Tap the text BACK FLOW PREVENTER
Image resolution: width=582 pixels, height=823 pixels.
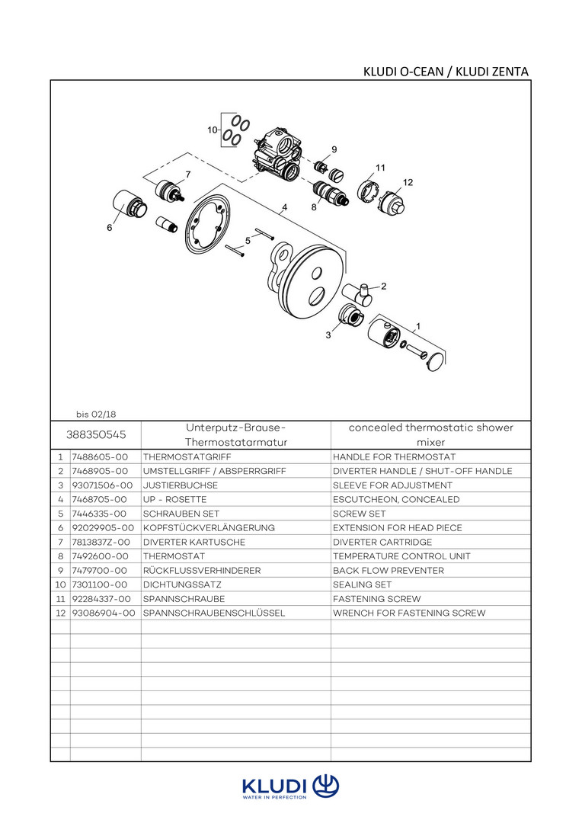coord(388,571)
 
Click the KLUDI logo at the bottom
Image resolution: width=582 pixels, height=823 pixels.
coord(290,787)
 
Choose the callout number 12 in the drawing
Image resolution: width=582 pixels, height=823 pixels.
coord(408,182)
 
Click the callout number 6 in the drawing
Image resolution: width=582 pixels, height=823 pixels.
coord(109,227)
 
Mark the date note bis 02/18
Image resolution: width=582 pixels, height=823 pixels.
coord(96,414)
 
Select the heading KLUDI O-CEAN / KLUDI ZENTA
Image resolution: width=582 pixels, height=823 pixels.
coord(447,72)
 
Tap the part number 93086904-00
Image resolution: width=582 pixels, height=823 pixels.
coord(103,613)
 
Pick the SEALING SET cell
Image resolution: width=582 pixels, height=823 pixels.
coord(362,585)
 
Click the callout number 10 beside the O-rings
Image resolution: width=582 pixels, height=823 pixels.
coord(212,130)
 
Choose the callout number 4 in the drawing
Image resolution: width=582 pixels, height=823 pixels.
coord(284,207)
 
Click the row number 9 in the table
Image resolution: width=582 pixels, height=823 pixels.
coord(59,571)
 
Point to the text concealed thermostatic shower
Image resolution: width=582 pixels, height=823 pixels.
coord(430,428)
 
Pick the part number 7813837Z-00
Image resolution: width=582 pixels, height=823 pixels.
coord(101,543)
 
